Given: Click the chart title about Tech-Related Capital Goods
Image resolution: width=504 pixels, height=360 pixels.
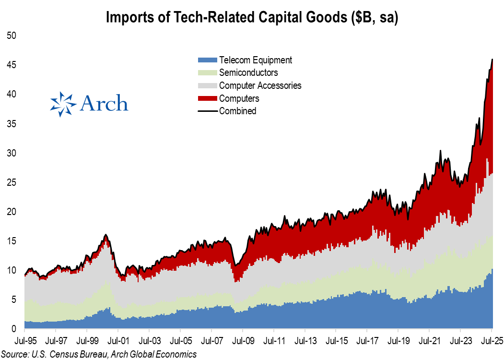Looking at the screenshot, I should pyautogui.click(x=252, y=18).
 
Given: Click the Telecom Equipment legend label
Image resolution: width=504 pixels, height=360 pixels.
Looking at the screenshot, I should pyautogui.click(x=255, y=60).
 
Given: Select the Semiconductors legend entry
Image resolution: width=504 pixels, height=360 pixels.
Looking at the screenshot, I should pyautogui.click(x=248, y=72).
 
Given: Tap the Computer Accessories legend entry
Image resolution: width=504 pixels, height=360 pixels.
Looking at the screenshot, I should pyautogui.click(x=260, y=85).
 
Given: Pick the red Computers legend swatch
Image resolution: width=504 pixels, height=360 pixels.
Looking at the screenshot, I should pyautogui.click(x=207, y=98).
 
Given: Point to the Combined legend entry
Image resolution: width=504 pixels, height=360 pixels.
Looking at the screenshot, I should pyautogui.click(x=237, y=111).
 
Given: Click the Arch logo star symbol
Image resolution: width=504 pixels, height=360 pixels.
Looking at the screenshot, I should pyautogui.click(x=63, y=104).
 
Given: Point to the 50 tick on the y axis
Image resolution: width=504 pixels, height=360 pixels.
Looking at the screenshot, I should pyautogui.click(x=12, y=35).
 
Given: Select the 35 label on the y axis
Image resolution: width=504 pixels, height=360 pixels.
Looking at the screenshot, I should pyautogui.click(x=12, y=123).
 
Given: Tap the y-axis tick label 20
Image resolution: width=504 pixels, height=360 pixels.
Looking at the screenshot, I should pyautogui.click(x=12, y=212).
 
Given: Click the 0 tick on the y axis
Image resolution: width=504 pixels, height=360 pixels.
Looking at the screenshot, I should pyautogui.click(x=14, y=329).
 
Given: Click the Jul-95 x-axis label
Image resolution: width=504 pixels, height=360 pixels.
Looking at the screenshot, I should pyautogui.click(x=24, y=343).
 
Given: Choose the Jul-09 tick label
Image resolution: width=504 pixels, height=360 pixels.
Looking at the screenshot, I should pyautogui.click(x=242, y=343).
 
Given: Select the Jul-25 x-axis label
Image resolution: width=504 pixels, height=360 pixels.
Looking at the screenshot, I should pyautogui.click(x=491, y=343).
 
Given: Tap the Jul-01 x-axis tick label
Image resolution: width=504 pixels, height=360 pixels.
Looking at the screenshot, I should pyautogui.click(x=118, y=343).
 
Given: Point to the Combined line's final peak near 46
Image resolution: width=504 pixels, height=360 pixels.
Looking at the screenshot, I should pyautogui.click(x=492, y=59).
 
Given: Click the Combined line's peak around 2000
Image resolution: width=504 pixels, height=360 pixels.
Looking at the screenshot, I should pyautogui.click(x=105, y=235).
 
